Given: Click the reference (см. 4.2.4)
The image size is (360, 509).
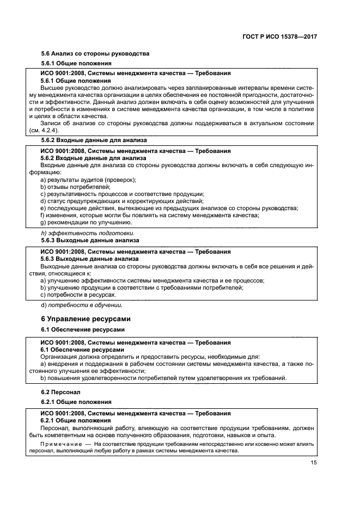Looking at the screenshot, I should point(44,130).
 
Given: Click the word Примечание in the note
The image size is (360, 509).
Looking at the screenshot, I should point(60,444).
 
